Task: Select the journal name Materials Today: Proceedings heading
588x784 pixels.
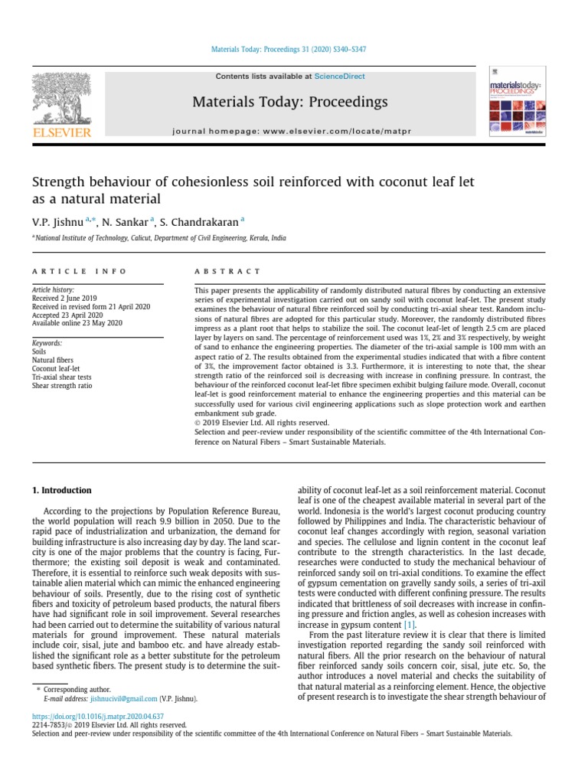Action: click(x=289, y=102)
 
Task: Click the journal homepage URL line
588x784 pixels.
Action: click(x=290, y=132)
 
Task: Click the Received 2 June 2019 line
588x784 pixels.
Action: click(x=64, y=299)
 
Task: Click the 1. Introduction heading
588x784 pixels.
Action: click(x=61, y=491)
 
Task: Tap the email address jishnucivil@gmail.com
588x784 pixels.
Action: click(x=122, y=698)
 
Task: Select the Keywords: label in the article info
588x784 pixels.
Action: click(x=47, y=344)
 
